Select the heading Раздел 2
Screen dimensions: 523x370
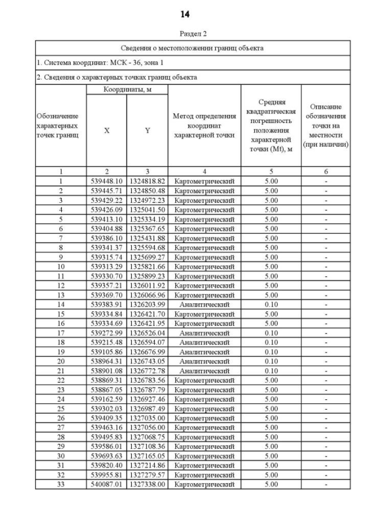185,34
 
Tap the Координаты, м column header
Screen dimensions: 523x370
127,90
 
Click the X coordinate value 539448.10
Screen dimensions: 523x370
106,181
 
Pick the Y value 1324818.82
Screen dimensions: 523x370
147,181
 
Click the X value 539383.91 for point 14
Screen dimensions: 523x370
106,303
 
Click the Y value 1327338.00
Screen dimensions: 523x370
147,484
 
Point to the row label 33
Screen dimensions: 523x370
61,484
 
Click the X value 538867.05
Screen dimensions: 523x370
106,389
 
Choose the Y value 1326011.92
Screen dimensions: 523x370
147,285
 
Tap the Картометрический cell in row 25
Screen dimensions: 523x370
204,408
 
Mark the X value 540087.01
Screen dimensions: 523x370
106,484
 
